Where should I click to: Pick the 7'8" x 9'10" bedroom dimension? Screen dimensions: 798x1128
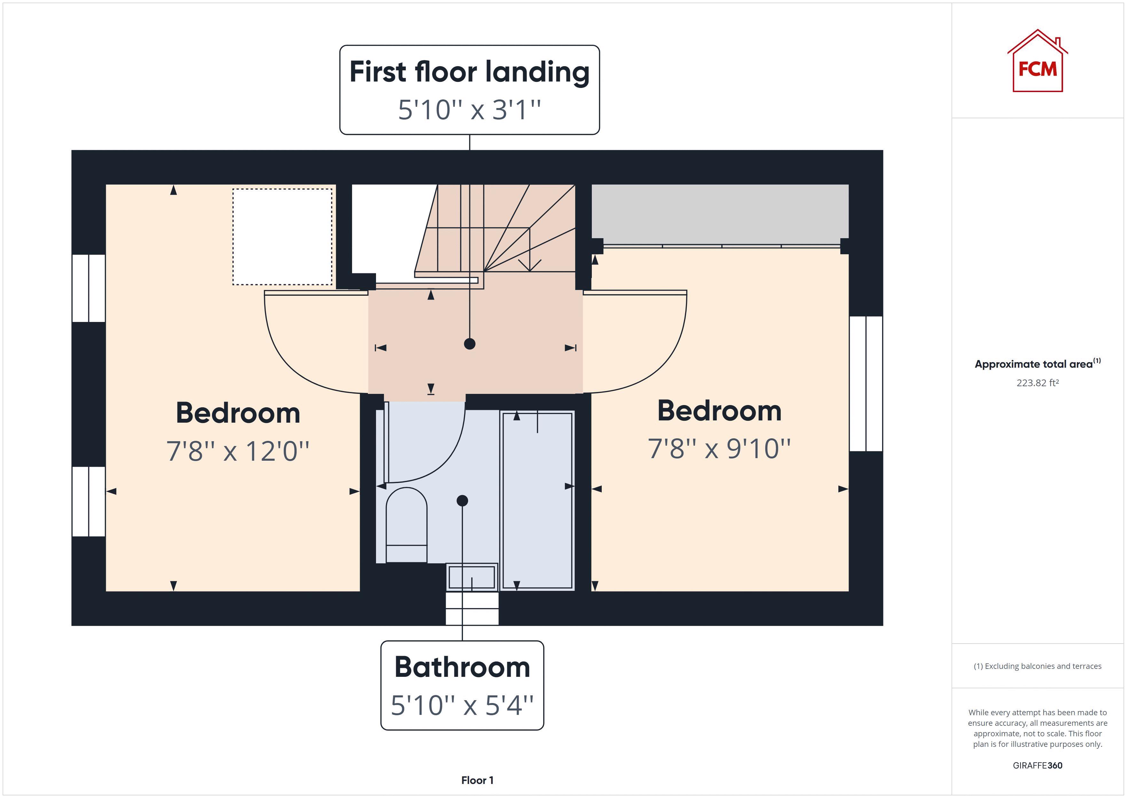click(x=719, y=449)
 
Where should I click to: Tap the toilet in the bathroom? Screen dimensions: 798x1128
click(x=406, y=525)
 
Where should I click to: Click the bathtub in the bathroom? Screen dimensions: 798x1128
click(x=537, y=500)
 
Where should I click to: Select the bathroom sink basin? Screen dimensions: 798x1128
click(x=472, y=577)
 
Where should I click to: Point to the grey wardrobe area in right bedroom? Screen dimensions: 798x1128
click(x=720, y=214)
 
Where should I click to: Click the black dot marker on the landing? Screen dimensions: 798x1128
click(x=470, y=344)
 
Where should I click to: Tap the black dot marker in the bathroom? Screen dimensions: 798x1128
click(x=462, y=501)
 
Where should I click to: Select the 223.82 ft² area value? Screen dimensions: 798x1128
click(x=1037, y=383)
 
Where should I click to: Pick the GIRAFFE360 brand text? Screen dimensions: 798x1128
click(x=1037, y=765)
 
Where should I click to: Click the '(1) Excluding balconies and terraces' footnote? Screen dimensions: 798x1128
click(x=1037, y=666)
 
